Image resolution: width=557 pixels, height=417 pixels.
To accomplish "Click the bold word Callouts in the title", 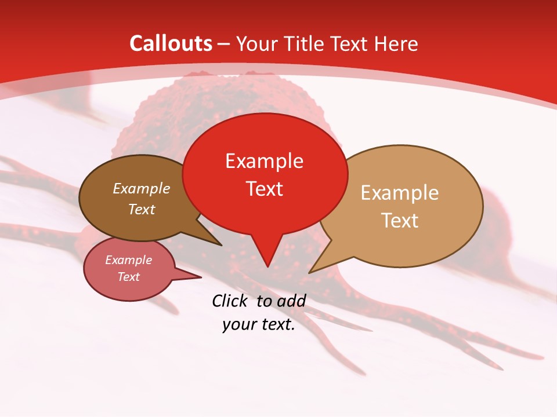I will pyautogui.click(x=171, y=43).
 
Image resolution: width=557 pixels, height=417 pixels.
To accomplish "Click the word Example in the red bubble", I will pyautogui.click(x=264, y=161).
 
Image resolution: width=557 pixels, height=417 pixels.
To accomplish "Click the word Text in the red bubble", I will pyautogui.click(x=264, y=189).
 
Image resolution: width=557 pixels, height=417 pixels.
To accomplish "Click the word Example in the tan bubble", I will pyautogui.click(x=400, y=193).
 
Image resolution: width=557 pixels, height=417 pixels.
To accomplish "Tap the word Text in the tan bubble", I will pyautogui.click(x=400, y=221).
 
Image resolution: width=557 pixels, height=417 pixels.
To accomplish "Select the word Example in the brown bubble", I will pyautogui.click(x=142, y=188).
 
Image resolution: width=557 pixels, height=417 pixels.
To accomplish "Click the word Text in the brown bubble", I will pyautogui.click(x=142, y=209).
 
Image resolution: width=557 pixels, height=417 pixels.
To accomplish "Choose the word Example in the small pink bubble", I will pyautogui.click(x=128, y=260).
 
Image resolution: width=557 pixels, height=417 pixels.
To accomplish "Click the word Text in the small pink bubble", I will pyautogui.click(x=128, y=277).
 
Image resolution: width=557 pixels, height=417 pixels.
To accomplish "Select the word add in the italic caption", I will pyautogui.click(x=291, y=301).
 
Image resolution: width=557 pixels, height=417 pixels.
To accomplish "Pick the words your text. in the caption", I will pyautogui.click(x=259, y=324).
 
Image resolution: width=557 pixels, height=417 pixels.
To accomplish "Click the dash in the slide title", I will pyautogui.click(x=224, y=44).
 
